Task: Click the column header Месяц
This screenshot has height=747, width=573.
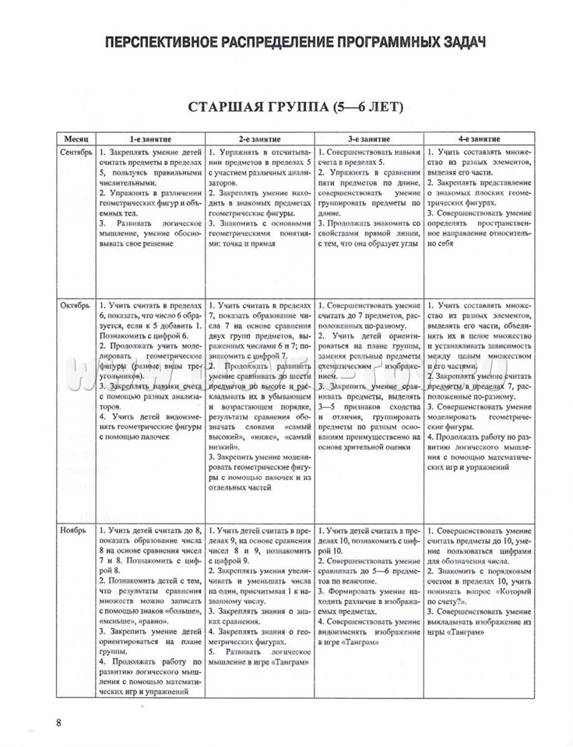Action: tap(77, 137)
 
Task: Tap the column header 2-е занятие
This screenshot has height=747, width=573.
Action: tap(260, 137)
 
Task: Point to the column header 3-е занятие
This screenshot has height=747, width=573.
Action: tap(369, 137)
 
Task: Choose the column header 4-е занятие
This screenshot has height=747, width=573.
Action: tap(479, 137)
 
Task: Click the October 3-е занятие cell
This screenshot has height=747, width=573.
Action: tap(369, 373)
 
